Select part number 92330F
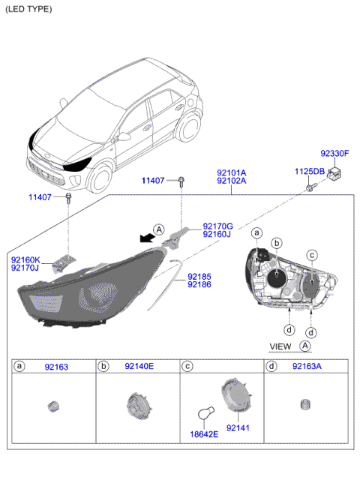pos(334,154)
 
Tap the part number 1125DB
pos(309,172)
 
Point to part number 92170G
pos(217,226)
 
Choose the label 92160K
pos(25,259)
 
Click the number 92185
pos(199,276)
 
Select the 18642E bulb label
pos(202,434)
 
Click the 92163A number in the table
pos(308,367)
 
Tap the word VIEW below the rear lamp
pos(280,346)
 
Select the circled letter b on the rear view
pos(277,243)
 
